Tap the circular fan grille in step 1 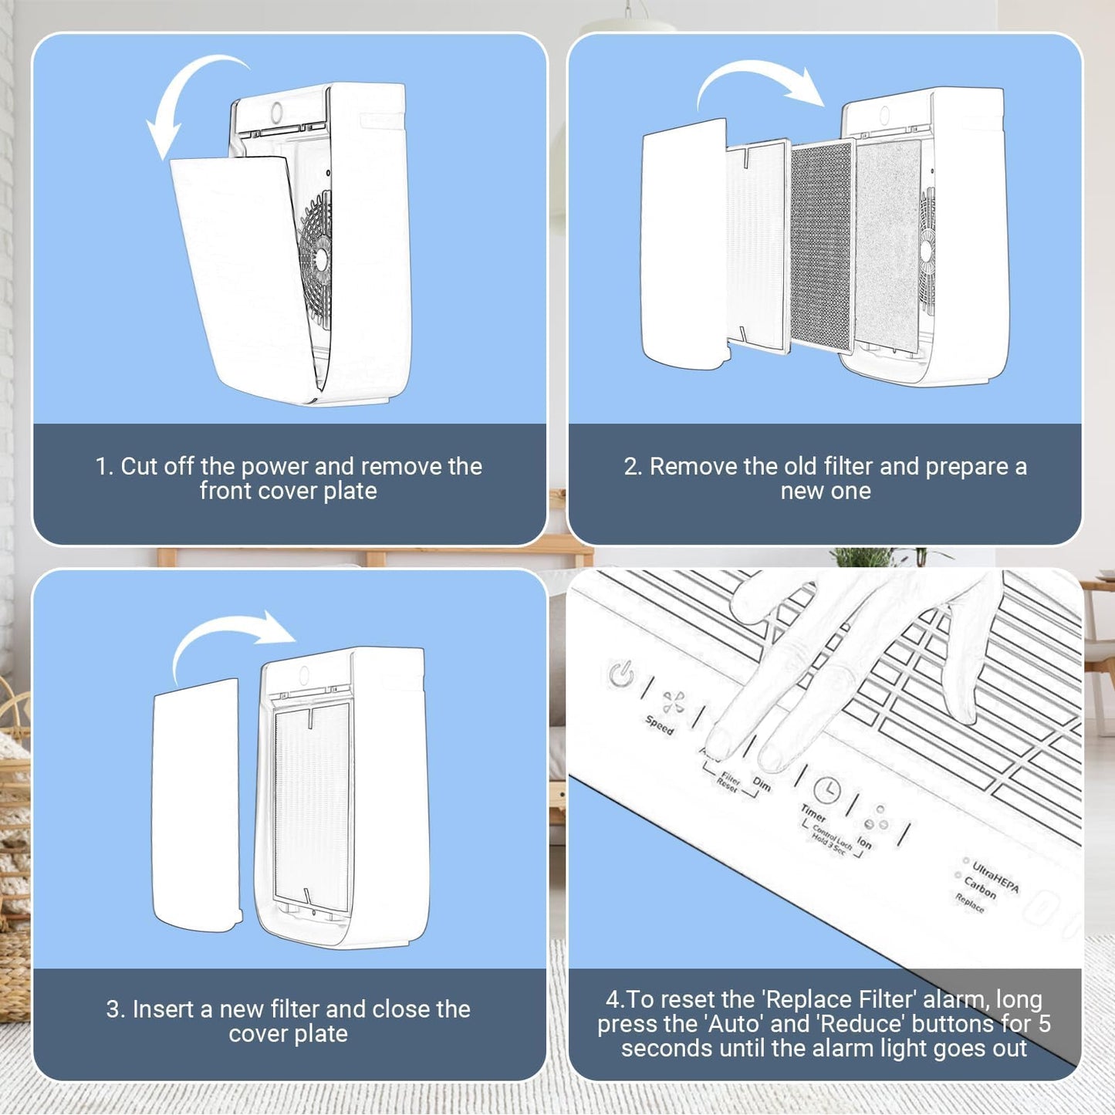pyautogui.click(x=316, y=255)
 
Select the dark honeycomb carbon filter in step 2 pyautogui.click(x=821, y=247)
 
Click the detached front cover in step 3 pyautogui.click(x=196, y=802)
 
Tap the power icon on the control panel pyautogui.click(x=621, y=674)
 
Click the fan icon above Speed pyautogui.click(x=674, y=701)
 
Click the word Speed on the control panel pyautogui.click(x=660, y=725)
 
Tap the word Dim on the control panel pyautogui.click(x=762, y=784)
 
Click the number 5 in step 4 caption pyautogui.click(x=1044, y=1024)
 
